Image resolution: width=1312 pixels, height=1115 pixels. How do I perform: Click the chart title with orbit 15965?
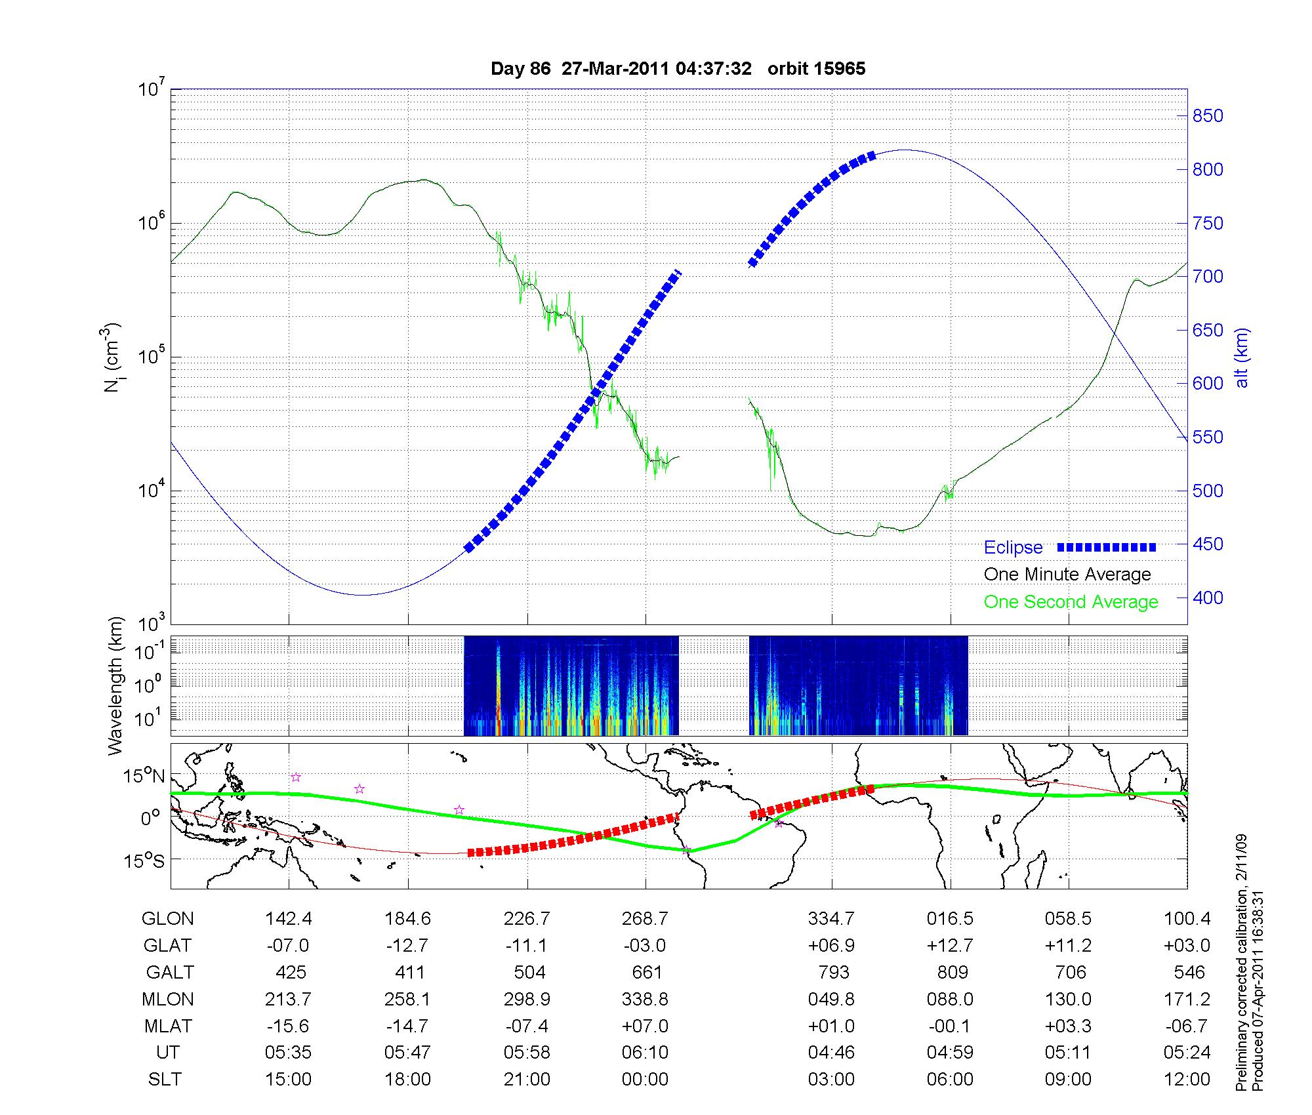(678, 69)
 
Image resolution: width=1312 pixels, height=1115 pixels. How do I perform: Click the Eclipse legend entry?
(1013, 547)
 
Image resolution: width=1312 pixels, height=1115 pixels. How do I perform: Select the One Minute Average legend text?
(1067, 575)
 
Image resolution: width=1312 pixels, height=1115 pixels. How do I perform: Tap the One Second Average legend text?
(1071, 602)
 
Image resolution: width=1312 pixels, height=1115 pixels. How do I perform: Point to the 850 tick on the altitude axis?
(1208, 116)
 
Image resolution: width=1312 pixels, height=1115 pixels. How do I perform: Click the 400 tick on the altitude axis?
(1208, 598)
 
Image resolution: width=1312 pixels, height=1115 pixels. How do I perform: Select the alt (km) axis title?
(1242, 357)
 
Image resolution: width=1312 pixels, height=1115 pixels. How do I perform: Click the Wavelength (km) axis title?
(116, 685)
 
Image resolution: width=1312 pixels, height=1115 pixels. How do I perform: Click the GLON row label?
(168, 919)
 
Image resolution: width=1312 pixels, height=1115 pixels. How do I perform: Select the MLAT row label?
(168, 1026)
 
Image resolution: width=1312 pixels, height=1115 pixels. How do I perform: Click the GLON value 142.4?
(289, 919)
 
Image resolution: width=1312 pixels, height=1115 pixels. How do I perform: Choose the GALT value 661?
(646, 972)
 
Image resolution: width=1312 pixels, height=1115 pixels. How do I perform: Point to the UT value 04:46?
(831, 1053)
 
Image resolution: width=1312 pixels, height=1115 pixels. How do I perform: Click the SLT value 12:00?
(1188, 1080)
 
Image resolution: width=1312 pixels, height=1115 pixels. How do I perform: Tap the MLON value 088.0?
(950, 999)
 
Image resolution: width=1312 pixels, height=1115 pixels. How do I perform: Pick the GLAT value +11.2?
(1069, 946)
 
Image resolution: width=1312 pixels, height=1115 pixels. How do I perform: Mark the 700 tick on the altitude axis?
(1208, 277)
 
